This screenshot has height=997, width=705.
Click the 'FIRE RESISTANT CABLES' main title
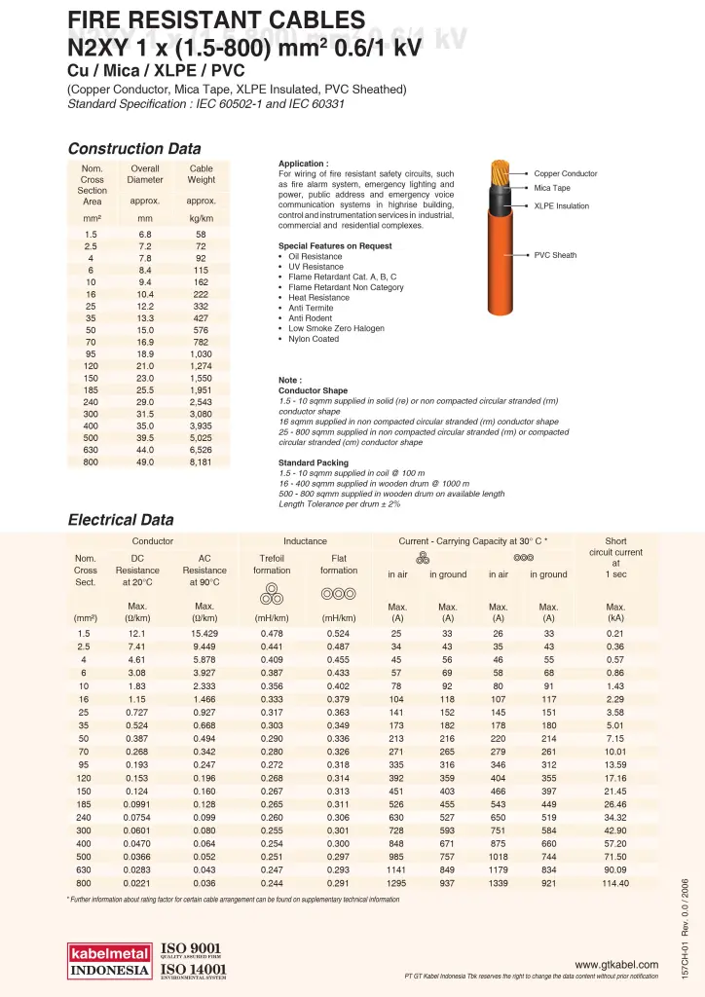(x=216, y=19)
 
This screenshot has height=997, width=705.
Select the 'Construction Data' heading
(x=134, y=149)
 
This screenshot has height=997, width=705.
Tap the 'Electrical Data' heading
(x=121, y=520)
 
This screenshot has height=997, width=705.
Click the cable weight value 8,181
(x=201, y=462)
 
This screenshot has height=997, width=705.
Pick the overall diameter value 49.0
(x=145, y=462)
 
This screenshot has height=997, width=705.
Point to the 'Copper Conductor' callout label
(x=566, y=174)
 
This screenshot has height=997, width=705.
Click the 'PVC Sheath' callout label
(x=555, y=255)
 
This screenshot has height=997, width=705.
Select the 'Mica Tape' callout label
(x=552, y=188)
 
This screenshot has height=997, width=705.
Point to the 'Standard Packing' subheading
(x=314, y=462)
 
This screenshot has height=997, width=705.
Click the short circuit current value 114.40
(x=615, y=883)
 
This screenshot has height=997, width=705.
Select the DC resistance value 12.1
(x=136, y=634)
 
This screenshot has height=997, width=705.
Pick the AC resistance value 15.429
(x=204, y=634)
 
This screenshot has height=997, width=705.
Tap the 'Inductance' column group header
(x=305, y=540)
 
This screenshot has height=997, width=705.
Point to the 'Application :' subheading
(x=304, y=164)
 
